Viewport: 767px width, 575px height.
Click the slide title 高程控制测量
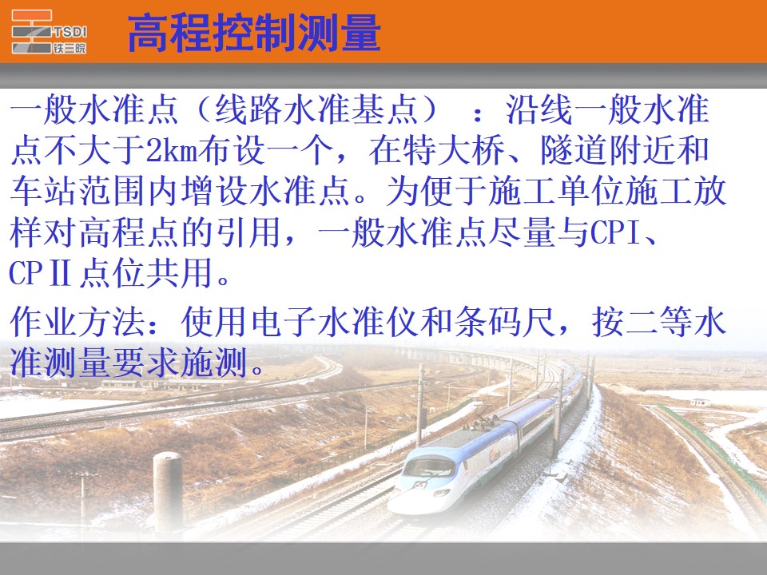[254, 33]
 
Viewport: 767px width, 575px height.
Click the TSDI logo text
[70, 32]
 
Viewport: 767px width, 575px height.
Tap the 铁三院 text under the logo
[70, 48]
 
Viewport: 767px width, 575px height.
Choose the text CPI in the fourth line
[614, 233]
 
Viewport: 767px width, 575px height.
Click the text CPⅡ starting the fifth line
[40, 274]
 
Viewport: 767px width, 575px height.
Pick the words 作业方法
[77, 322]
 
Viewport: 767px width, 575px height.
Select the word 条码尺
[505, 322]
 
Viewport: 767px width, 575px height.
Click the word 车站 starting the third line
[42, 192]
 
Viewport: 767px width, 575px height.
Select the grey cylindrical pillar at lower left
[168, 490]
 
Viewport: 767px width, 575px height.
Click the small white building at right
[701, 402]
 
